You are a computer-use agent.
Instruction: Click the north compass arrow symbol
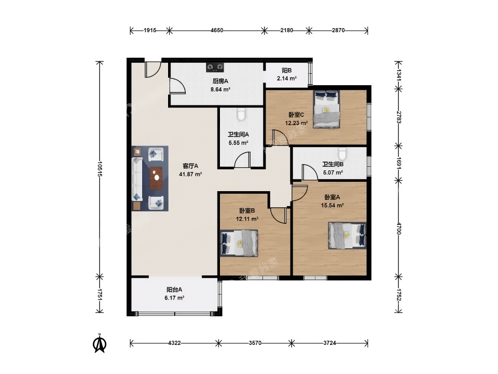pyautogui.click(x=100, y=343)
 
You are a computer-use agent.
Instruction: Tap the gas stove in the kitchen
pyautogui.click(x=215, y=67)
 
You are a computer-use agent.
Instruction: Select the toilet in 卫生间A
pyautogui.click(x=241, y=114)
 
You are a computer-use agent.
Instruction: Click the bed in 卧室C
pyautogui.click(x=326, y=109)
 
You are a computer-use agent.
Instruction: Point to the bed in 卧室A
pyautogui.click(x=347, y=235)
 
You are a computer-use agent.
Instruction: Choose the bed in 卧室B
pyautogui.click(x=239, y=243)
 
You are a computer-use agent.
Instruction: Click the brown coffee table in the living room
pyautogui.click(x=156, y=178)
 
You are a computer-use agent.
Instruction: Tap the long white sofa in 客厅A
pyautogui.click(x=137, y=178)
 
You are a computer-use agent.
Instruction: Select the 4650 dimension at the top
pyautogui.click(x=217, y=31)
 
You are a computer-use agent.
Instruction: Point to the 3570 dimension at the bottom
pyautogui.click(x=255, y=343)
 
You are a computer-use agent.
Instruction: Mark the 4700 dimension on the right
pyautogui.click(x=399, y=229)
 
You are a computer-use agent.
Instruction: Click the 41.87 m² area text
pyautogui.click(x=190, y=175)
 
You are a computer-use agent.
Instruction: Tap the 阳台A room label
pyautogui.click(x=174, y=290)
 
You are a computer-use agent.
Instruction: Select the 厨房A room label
pyautogui.click(x=220, y=81)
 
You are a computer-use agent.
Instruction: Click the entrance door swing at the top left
pyautogui.click(x=153, y=70)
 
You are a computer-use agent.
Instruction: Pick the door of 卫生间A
pyautogui.click(x=242, y=159)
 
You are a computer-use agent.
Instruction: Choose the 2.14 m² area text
pyautogui.click(x=287, y=78)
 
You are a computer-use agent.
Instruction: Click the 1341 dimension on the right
pyautogui.click(x=399, y=74)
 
